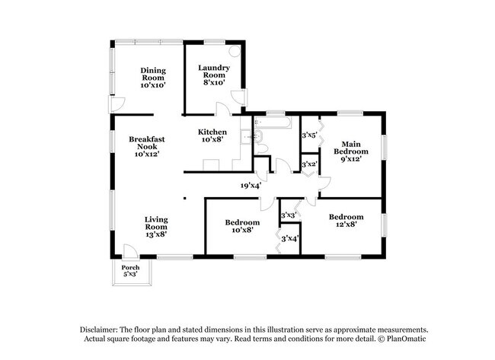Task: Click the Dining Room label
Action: point(153,78)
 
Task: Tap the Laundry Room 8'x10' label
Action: point(214,75)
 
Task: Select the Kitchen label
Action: point(212,135)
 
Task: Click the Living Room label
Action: point(156,227)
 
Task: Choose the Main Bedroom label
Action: point(351,151)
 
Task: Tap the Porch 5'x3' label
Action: point(130,271)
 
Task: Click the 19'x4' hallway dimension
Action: point(251,186)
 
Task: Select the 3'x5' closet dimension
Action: point(309,135)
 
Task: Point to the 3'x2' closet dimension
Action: point(309,164)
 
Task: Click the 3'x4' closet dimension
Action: point(290,238)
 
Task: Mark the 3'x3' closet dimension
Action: point(289,215)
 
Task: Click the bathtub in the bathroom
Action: point(273,123)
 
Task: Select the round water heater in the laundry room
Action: point(235,51)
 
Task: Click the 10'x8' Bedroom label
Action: point(242,226)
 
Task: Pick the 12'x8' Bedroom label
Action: point(346,221)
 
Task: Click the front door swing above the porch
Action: point(129,251)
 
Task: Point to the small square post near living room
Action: point(185,199)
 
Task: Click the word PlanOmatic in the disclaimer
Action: point(407,339)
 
